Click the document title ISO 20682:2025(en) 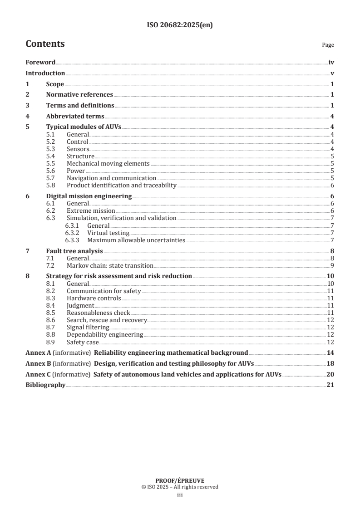(180, 25)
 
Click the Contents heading (45, 44)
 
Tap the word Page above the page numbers (328, 45)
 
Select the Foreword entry (40, 63)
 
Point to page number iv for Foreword (331, 63)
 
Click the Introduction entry (45, 73)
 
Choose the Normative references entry (79, 94)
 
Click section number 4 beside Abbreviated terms (27, 116)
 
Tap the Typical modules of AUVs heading (84, 127)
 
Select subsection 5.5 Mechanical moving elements (108, 163)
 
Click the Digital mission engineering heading (89, 196)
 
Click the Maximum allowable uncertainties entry (136, 240)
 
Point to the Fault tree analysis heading (74, 251)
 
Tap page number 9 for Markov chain (332, 265)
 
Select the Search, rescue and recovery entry (107, 320)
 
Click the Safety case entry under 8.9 (83, 342)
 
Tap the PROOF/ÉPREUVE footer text (180, 480)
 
